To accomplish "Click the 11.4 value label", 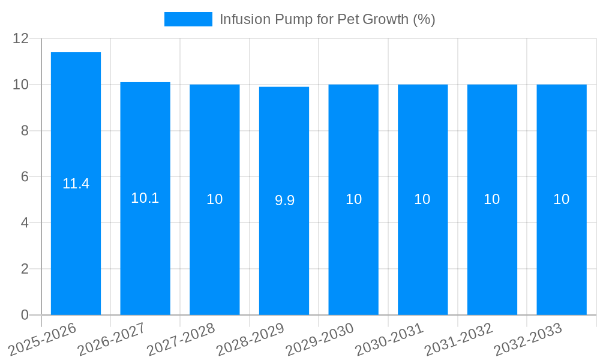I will (x=76, y=184).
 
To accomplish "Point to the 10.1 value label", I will (x=145, y=199).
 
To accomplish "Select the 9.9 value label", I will (x=284, y=201).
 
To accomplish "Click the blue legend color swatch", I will (x=188, y=19).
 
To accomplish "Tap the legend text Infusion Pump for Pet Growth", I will (x=327, y=19).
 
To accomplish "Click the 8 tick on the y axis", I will (x=25, y=131).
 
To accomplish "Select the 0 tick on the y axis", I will (x=25, y=315).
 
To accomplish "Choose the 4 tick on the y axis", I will (x=25, y=223).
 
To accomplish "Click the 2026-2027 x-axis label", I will (x=112, y=340).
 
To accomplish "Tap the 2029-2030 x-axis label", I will (x=320, y=340).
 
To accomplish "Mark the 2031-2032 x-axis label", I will (x=458, y=340).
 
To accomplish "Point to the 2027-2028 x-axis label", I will (x=181, y=340).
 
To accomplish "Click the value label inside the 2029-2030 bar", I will (x=353, y=200).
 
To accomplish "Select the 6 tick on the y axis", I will (x=25, y=177).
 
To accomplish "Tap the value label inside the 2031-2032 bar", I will (x=492, y=200).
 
